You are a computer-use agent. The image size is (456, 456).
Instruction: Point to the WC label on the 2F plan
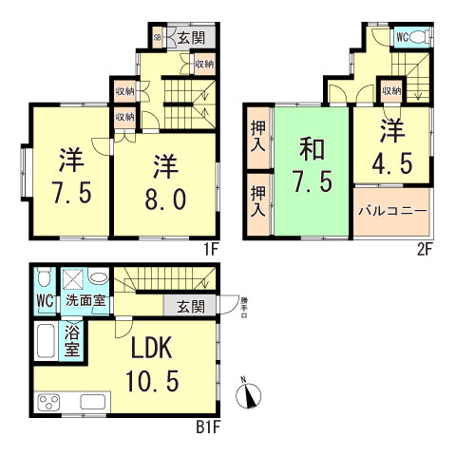[402, 37]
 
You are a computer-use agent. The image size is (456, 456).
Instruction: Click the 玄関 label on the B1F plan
[190, 306]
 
